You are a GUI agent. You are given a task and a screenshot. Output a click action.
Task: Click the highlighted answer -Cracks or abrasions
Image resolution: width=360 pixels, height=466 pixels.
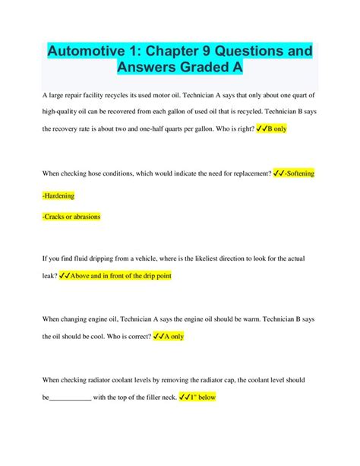coord(71,217)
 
